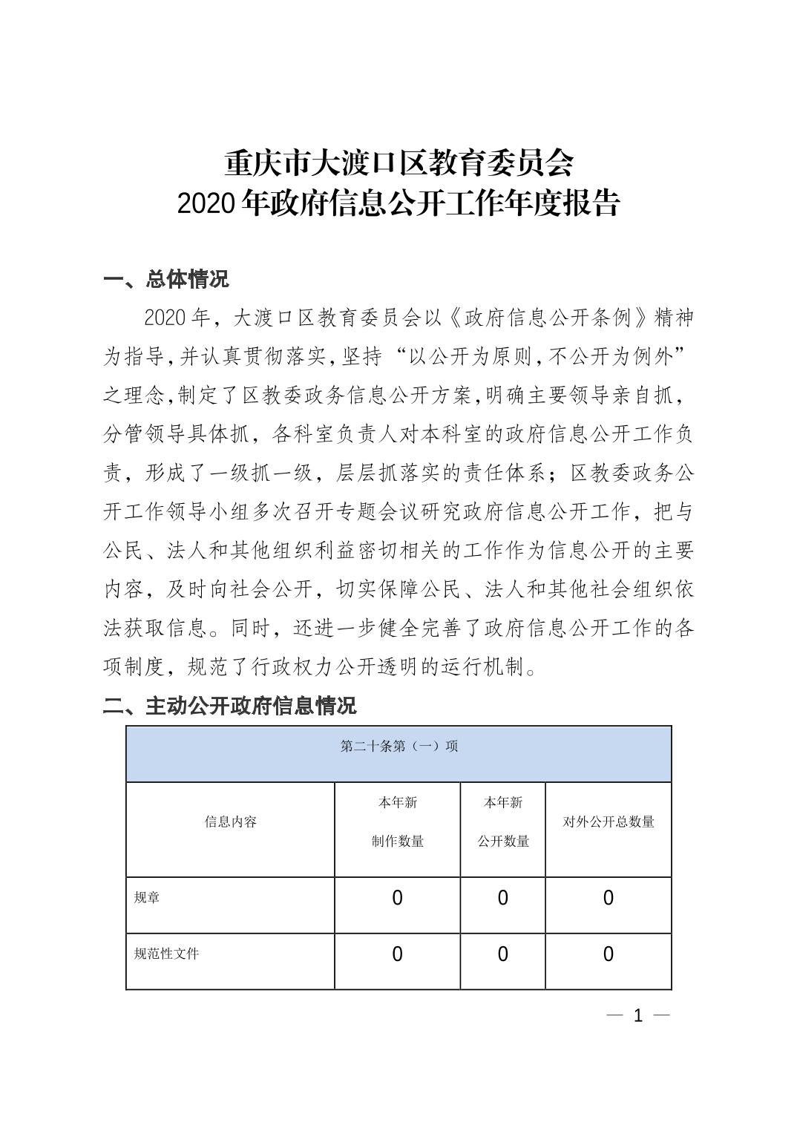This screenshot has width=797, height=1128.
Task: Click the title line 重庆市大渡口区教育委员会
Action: click(x=398, y=163)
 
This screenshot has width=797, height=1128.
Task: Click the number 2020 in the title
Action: click(x=208, y=203)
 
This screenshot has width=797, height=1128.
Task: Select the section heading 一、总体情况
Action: click(x=166, y=279)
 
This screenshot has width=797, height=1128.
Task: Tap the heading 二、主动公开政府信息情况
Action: click(x=229, y=705)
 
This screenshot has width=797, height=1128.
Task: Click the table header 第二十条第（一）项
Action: click(x=398, y=746)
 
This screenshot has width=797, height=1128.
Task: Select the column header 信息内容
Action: click(x=230, y=822)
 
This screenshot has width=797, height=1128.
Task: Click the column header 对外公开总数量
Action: click(x=609, y=822)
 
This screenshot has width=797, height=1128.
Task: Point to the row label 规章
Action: click(x=147, y=898)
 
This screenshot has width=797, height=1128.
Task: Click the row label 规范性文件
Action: click(x=166, y=954)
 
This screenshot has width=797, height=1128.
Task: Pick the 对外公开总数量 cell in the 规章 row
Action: click(x=609, y=899)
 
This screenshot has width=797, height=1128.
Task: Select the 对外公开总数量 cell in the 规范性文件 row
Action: click(x=609, y=954)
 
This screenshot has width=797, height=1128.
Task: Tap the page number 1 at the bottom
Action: click(x=637, y=1016)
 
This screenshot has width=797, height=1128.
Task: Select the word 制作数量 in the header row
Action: click(x=398, y=842)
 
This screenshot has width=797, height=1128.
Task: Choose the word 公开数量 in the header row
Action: click(x=503, y=842)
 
